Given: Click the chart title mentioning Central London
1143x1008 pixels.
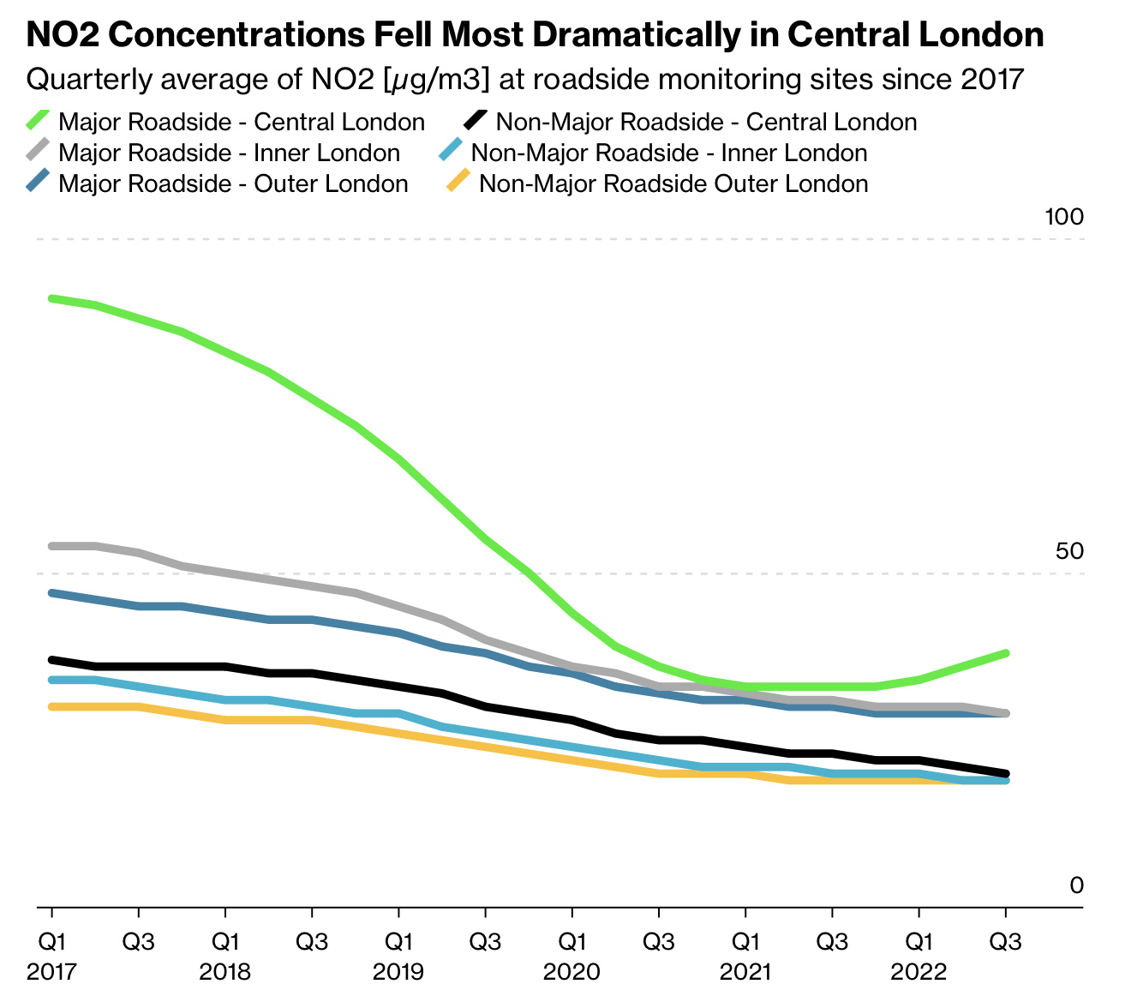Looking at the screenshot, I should coord(536,35).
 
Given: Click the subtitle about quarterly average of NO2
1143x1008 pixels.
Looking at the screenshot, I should coord(525,80).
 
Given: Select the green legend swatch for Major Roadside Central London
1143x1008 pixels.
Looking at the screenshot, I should coord(39,120).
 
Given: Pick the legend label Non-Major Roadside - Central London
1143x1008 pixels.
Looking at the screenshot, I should coord(706,123).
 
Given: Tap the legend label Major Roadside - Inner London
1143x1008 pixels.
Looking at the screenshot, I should coord(229,153).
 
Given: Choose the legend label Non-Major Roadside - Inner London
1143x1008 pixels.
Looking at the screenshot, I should coord(669,153).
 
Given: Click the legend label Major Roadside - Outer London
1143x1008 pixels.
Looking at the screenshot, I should coord(233,184).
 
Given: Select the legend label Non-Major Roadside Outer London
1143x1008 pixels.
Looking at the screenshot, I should coord(673,184).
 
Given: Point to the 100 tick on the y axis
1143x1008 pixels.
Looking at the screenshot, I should coord(1064,218).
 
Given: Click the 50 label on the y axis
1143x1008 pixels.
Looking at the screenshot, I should coord(1069,551).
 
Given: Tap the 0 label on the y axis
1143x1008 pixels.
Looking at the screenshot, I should coord(1077,885).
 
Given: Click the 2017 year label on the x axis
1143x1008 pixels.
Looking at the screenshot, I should coord(52,973).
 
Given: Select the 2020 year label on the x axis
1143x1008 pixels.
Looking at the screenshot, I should coord(571,973).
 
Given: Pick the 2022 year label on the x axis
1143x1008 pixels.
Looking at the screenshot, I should coord(919,973).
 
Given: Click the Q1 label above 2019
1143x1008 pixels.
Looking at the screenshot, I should coord(398,942).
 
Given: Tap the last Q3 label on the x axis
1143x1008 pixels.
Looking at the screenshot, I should coord(1006,942).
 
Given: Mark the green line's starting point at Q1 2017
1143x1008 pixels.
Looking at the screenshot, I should coord(52,298).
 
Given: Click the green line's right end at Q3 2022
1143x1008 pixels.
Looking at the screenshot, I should coord(1006,653).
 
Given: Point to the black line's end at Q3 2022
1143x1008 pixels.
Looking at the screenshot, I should coord(1006,773).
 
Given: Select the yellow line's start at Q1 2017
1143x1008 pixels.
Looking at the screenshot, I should coord(52,706).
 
